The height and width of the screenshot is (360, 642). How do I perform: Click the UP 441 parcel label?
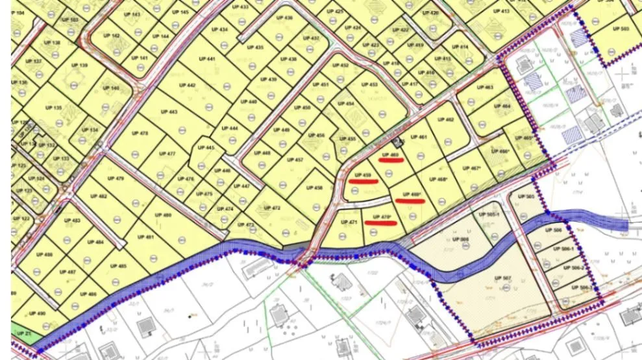coord(207,59)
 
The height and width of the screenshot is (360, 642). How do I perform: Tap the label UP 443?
coord(169,112)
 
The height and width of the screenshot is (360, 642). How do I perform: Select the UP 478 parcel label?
coord(140,134)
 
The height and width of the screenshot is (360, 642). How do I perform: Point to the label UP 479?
coord(116,178)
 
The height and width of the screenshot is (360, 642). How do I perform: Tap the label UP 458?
coord(314,188)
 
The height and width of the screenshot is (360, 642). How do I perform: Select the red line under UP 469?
coord(410,201)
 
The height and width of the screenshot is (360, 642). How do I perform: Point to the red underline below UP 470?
coord(380,223)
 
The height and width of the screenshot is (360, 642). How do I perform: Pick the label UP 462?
coord(445,120)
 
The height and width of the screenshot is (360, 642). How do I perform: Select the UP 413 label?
coord(501,11)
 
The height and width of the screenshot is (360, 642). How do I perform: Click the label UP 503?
coord(621,29)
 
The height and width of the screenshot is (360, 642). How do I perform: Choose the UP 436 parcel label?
coord(284,18)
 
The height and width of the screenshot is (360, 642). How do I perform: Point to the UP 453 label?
coord(369,85)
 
